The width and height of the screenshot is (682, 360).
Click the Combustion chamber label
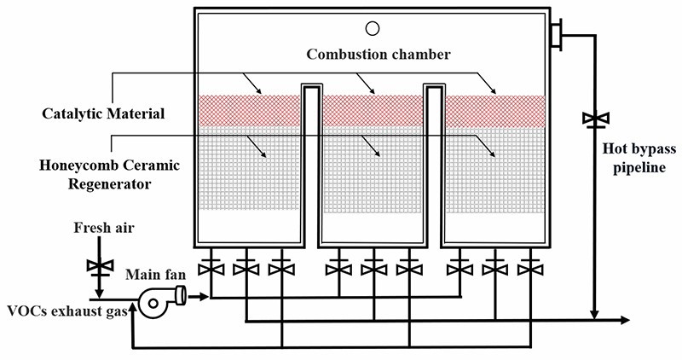(378, 55)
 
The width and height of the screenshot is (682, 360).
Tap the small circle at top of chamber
(373, 27)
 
